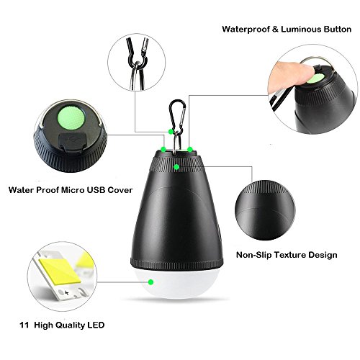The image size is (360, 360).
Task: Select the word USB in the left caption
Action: click(96, 190)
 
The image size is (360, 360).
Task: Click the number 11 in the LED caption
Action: click(24, 325)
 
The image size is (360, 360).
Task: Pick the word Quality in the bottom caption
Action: click(70, 325)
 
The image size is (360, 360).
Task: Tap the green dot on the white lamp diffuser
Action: click(150, 282)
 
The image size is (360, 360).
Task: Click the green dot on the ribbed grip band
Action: click(176, 167)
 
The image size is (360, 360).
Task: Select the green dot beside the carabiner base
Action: click(171, 132)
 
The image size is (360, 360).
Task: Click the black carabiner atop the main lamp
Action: click(178, 113)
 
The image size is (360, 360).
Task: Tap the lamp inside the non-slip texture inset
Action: click(265, 210)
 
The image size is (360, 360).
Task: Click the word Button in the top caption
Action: click(338, 30)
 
